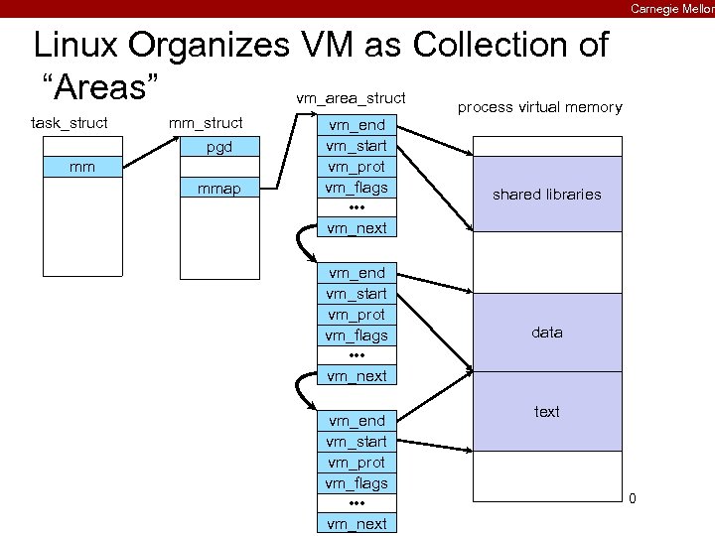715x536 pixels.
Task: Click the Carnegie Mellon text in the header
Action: coord(671,8)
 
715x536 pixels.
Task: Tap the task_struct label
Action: coord(70,123)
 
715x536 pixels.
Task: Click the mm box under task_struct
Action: coord(83,167)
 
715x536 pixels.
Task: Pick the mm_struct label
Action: coord(206,123)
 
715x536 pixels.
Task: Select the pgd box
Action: coord(218,148)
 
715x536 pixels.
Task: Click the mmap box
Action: coord(218,188)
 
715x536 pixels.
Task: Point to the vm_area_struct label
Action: coord(351,97)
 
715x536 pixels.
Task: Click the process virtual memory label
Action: coord(539,107)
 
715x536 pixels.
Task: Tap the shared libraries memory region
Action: coord(546,195)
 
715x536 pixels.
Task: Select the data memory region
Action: coord(546,333)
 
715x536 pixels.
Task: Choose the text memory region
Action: coord(546,411)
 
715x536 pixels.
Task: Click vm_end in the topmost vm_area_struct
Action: coord(357,125)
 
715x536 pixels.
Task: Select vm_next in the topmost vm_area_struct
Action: coord(357,228)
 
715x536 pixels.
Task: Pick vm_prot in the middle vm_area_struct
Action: coord(357,315)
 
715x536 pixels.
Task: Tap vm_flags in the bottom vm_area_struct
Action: coord(357,483)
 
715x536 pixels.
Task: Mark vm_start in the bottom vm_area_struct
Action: coord(357,442)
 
